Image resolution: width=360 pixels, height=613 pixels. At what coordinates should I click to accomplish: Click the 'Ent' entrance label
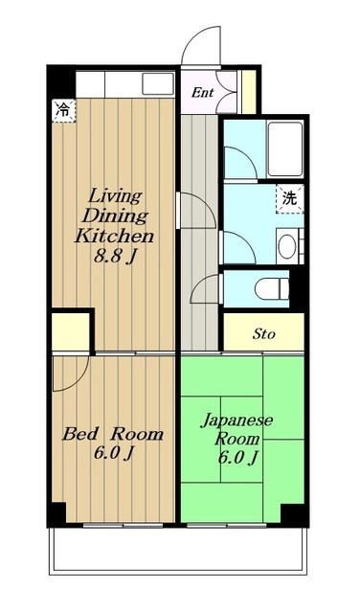click(202, 93)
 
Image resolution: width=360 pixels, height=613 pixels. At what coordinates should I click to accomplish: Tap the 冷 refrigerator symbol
click(64, 111)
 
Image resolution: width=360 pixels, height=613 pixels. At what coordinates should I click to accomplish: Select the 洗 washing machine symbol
click(290, 199)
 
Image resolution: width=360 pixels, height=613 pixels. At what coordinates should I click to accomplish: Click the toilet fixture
click(272, 289)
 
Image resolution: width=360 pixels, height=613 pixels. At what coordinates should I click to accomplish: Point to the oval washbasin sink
click(287, 246)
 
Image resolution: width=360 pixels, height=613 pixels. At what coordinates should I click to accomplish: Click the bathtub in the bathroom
click(285, 149)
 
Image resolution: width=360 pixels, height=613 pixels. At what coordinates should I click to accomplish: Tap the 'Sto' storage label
click(264, 334)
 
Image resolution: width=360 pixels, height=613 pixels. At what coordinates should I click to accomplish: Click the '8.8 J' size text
click(114, 258)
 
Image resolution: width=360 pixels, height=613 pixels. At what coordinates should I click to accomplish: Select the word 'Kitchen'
click(114, 237)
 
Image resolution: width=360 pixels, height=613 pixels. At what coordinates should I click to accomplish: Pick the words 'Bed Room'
click(113, 434)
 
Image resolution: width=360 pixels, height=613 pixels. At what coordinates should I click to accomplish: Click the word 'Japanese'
click(236, 421)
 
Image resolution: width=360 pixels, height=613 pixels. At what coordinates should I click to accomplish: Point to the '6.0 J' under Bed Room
click(114, 453)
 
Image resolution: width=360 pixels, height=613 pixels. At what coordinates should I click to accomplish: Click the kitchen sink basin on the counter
click(158, 83)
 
